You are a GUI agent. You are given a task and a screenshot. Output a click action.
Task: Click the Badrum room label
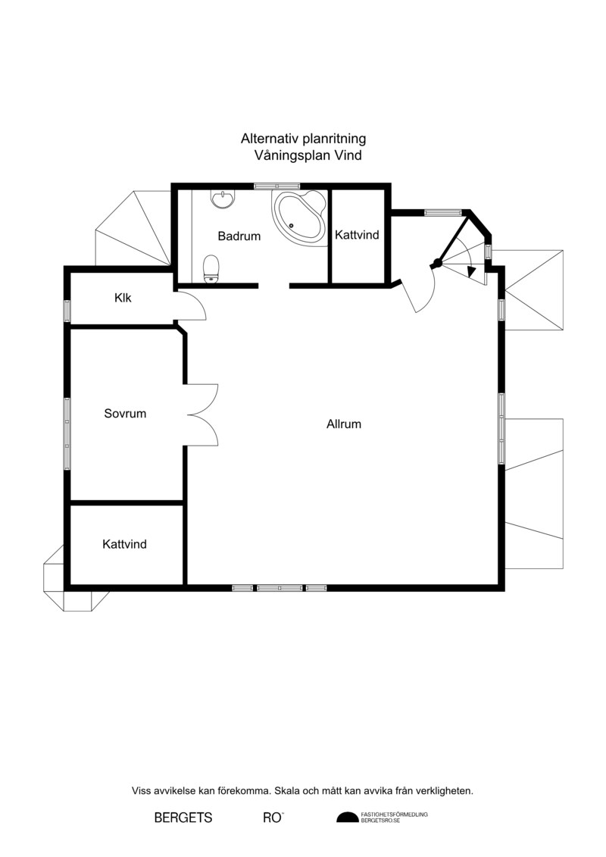(239, 236)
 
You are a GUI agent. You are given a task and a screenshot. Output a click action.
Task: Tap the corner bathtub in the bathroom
(298, 217)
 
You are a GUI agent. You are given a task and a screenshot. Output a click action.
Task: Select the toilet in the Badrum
(211, 270)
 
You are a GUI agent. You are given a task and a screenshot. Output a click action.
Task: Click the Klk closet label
(123, 298)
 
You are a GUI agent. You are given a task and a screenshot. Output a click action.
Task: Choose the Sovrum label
(125, 413)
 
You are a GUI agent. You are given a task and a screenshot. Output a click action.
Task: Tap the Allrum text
(344, 424)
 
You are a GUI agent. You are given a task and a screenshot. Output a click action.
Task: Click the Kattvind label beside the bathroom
(357, 234)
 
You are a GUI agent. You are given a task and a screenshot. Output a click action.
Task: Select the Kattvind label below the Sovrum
(124, 544)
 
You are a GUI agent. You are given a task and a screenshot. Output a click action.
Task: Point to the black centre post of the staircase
(436, 263)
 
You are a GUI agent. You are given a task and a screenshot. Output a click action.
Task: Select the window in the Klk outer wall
(67, 311)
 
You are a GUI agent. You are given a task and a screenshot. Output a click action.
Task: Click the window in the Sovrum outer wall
(67, 433)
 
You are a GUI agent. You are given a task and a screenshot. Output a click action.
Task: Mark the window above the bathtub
(277, 186)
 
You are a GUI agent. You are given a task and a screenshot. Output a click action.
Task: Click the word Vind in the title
(348, 155)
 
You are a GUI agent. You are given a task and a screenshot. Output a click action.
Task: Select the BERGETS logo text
(183, 818)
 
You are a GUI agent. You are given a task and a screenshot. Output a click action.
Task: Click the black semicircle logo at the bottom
(347, 818)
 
